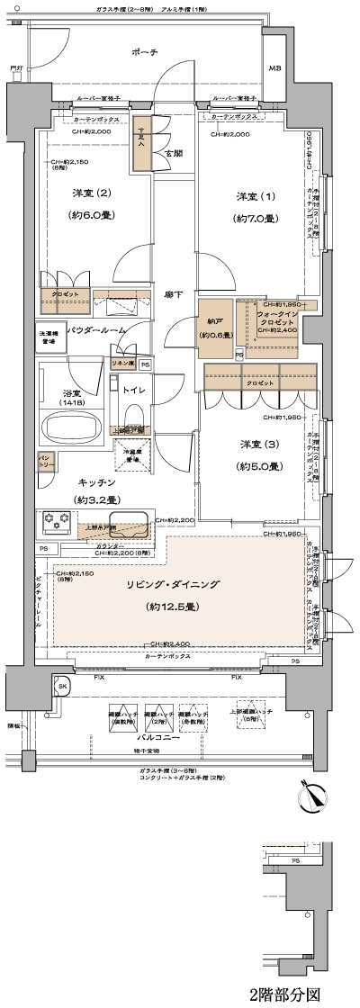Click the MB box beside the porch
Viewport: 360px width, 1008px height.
coord(276,69)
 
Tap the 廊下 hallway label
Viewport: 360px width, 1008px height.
coord(174,293)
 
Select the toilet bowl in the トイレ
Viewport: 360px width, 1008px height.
coord(134,418)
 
